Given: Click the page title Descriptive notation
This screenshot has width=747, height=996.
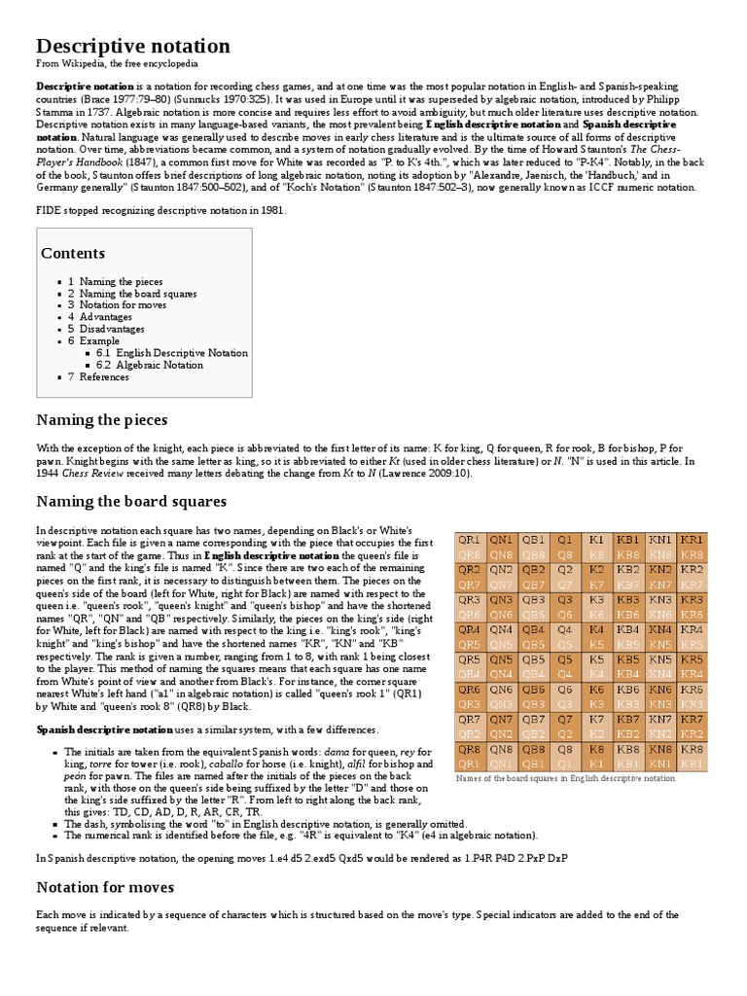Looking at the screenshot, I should [133, 46].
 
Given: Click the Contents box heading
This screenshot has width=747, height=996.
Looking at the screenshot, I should [73, 253].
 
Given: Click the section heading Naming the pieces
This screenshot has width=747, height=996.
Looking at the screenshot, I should [102, 420].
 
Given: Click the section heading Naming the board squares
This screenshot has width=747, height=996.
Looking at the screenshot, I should [131, 502].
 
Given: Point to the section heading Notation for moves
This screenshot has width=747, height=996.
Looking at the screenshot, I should [105, 887].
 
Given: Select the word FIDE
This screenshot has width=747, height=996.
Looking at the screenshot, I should [50, 211].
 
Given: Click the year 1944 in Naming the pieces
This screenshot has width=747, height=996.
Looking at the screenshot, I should [49, 473].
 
